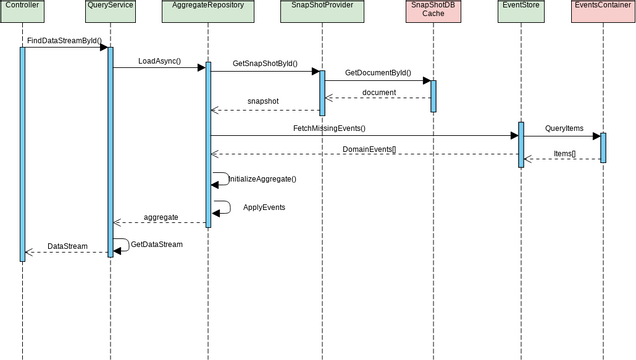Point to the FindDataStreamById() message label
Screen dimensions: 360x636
(x=64, y=41)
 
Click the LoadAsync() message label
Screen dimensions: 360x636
(x=159, y=61)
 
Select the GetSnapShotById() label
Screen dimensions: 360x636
(x=265, y=64)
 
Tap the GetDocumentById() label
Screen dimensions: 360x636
(x=377, y=73)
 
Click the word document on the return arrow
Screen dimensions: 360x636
(x=379, y=92)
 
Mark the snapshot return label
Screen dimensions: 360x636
(x=263, y=101)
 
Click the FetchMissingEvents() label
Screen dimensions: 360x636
(x=329, y=128)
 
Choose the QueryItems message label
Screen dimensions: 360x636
(x=564, y=128)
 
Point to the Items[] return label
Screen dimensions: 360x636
(x=565, y=153)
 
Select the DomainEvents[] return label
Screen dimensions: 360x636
(x=369, y=149)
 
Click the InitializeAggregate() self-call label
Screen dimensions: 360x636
(x=262, y=179)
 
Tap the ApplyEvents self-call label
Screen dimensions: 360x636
(x=264, y=207)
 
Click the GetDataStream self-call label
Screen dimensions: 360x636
(x=157, y=244)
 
